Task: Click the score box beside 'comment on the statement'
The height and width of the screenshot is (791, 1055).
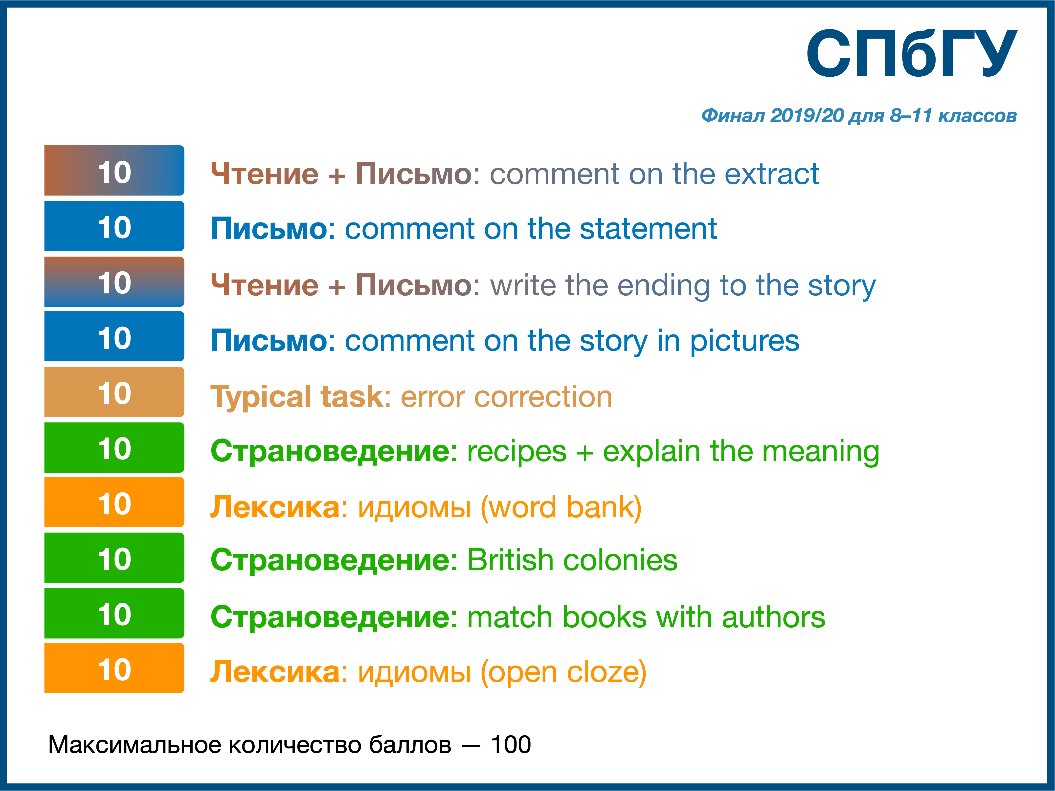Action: [x=114, y=226]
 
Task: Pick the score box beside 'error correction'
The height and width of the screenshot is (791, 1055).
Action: [x=114, y=392]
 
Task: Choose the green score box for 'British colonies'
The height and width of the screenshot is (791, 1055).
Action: [x=114, y=558]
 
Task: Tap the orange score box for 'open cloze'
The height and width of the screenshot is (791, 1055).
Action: [x=114, y=668]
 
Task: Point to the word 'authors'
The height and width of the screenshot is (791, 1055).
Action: [x=774, y=617]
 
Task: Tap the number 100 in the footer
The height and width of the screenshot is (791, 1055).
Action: [x=511, y=745]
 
